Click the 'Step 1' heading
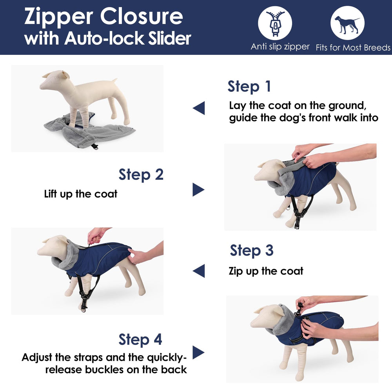pyautogui.click(x=249, y=87)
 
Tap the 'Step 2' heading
pyautogui.click(x=141, y=174)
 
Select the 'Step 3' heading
pyautogui.click(x=252, y=250)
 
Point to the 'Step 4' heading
pyautogui.click(x=140, y=339)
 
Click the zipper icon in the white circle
pyautogui.click(x=275, y=23)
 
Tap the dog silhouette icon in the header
pyautogui.click(x=347, y=24)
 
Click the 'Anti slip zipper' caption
pyautogui.click(x=280, y=47)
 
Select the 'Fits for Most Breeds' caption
pyautogui.click(x=353, y=47)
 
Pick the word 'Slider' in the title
pyautogui.click(x=169, y=38)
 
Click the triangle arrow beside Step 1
pyautogui.click(x=199, y=108)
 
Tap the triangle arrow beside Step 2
pyautogui.click(x=198, y=189)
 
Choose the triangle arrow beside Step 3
pyautogui.click(x=199, y=271)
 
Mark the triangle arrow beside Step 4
pyautogui.click(x=198, y=352)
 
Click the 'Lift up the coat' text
pyautogui.click(x=80, y=194)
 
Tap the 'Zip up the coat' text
pyautogui.click(x=266, y=271)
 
